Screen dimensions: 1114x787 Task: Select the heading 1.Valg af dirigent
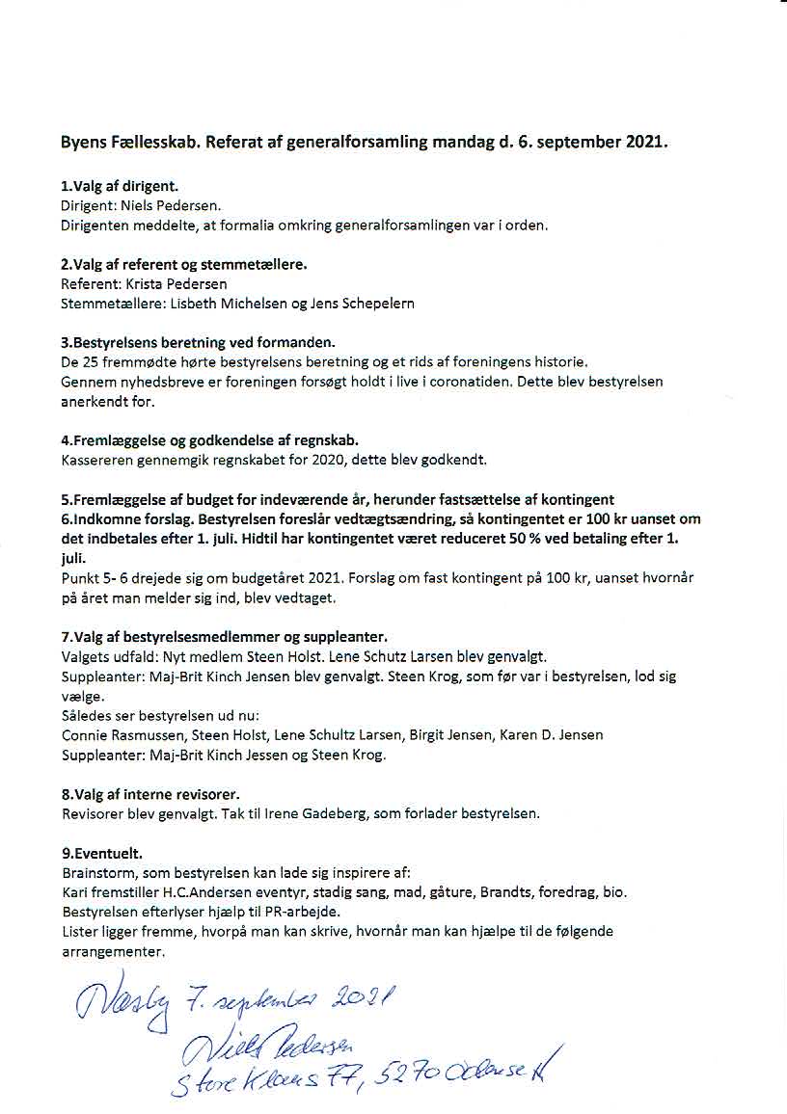(x=119, y=185)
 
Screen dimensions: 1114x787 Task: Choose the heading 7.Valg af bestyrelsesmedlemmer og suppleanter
(x=224, y=637)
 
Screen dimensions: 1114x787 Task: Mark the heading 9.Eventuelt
(x=101, y=854)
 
